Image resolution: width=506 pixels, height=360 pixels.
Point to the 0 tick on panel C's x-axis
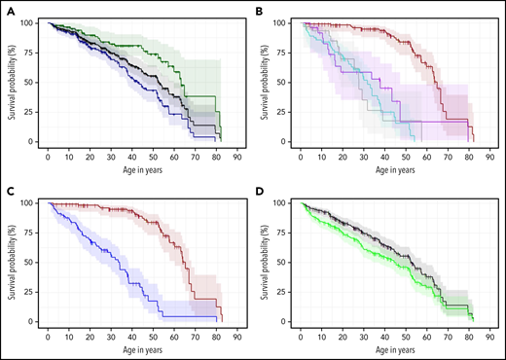pos(48,333)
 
